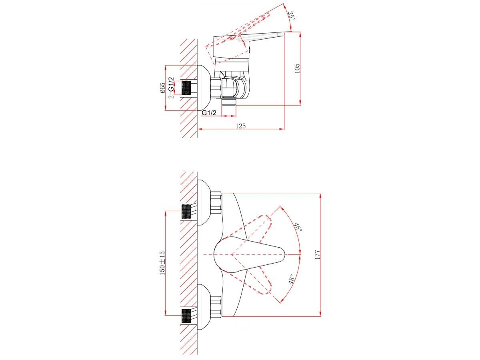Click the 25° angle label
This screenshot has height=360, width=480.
click(292, 16)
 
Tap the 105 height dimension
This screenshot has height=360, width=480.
click(297, 68)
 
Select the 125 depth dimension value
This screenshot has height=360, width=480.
click(240, 126)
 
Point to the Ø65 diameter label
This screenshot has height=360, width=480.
click(162, 88)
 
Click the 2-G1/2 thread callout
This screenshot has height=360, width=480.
click(172, 88)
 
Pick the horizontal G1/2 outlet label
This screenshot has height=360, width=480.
click(209, 113)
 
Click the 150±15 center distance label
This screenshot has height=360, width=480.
click(162, 263)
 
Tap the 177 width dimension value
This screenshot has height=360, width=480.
click(317, 255)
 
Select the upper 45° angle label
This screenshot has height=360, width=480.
click(298, 228)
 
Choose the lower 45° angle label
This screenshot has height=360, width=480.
click(292, 279)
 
